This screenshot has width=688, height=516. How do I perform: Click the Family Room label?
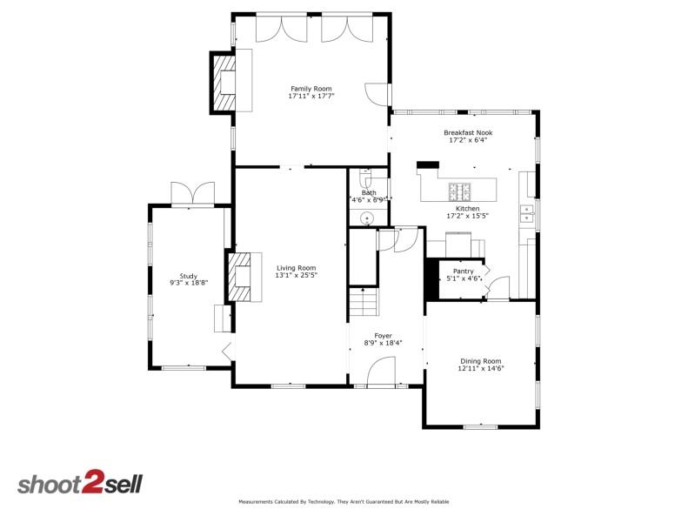tap(311, 88)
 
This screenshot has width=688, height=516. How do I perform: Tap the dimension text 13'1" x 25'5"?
tap(296, 276)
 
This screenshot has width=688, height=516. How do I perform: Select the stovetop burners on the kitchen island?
tap(459, 191)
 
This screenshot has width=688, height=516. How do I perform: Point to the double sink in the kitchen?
tap(527, 213)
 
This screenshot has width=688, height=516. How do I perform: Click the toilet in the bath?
tap(366, 180)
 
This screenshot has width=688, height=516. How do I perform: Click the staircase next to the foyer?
tap(364, 304)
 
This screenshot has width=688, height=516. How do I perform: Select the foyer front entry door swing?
tap(381, 373)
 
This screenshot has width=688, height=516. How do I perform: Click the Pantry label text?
tap(463, 271)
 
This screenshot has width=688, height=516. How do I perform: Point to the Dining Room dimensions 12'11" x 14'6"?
tap(481, 368)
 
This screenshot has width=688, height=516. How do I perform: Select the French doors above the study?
tap(192, 194)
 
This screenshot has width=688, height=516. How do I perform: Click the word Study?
tap(189, 276)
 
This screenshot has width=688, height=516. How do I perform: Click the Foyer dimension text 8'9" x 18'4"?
tap(383, 343)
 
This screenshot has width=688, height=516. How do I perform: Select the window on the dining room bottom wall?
tap(480, 426)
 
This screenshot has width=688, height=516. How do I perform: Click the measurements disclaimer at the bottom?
tap(344, 502)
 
